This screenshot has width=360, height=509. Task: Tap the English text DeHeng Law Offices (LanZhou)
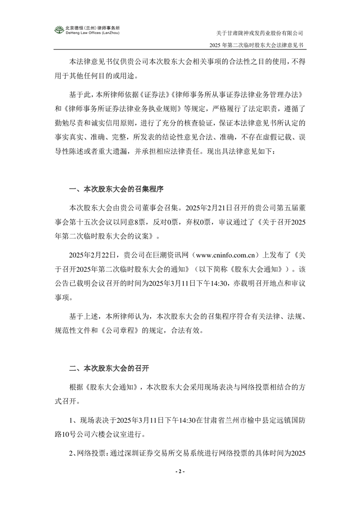pos(92,33)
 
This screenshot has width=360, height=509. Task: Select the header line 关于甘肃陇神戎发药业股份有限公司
pos(260,33)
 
